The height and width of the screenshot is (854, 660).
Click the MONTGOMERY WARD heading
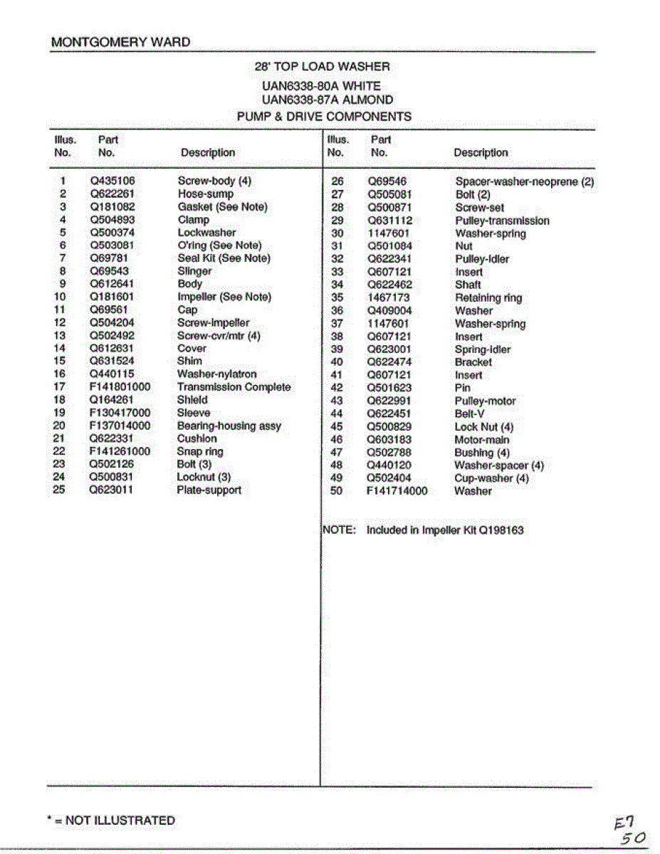[x=121, y=42]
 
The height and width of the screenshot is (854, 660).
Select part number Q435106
[x=112, y=181]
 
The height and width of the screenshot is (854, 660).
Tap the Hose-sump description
[x=205, y=194]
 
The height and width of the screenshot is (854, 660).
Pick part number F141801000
[x=120, y=387]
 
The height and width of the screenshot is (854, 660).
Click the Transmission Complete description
[x=234, y=387]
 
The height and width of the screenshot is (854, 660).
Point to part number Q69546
[x=387, y=182]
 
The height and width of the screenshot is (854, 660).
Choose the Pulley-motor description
[x=485, y=401]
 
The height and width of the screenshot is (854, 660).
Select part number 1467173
[x=389, y=298]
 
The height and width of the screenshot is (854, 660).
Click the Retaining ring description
[x=488, y=298]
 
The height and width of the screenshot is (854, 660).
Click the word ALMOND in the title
[x=366, y=100]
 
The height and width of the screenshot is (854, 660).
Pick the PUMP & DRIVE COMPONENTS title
[x=324, y=117]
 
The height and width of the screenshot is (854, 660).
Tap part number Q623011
[x=111, y=490]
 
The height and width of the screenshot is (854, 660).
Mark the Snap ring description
[x=200, y=452]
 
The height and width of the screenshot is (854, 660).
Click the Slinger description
[x=194, y=271]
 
